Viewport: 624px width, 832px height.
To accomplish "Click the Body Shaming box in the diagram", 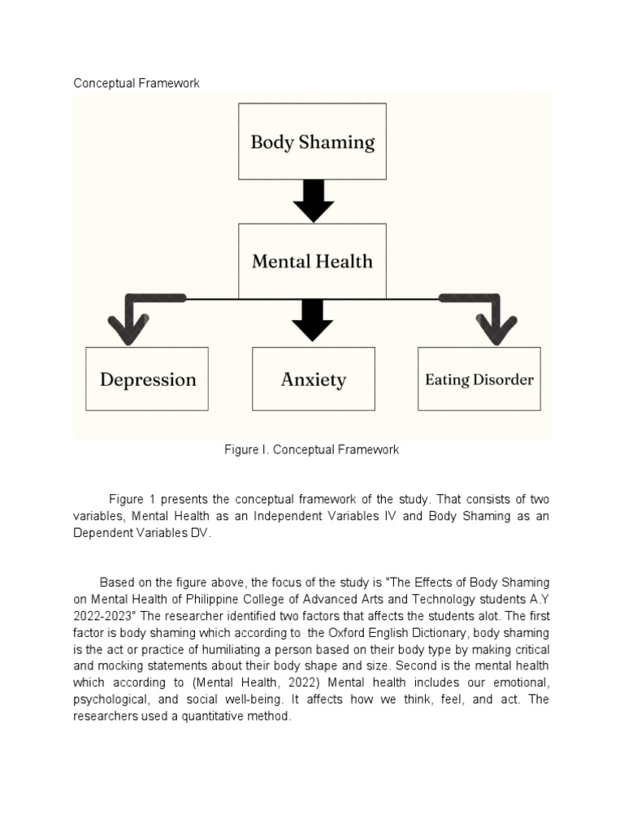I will point(312,141).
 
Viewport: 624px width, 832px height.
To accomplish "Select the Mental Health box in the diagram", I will point(312,261).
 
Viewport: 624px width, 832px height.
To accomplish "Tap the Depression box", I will point(147,379).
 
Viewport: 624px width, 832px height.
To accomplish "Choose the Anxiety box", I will point(313,379).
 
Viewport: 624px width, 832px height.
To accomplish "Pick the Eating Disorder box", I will point(479,379).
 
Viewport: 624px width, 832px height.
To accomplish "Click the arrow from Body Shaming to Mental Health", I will point(312,201).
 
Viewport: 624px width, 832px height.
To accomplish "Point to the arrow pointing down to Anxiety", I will point(312,318).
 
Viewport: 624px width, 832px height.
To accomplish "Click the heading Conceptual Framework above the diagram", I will point(136,83).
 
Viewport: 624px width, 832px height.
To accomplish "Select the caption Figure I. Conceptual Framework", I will point(312,449).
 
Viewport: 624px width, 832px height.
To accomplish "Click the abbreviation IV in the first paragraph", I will point(387,515).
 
